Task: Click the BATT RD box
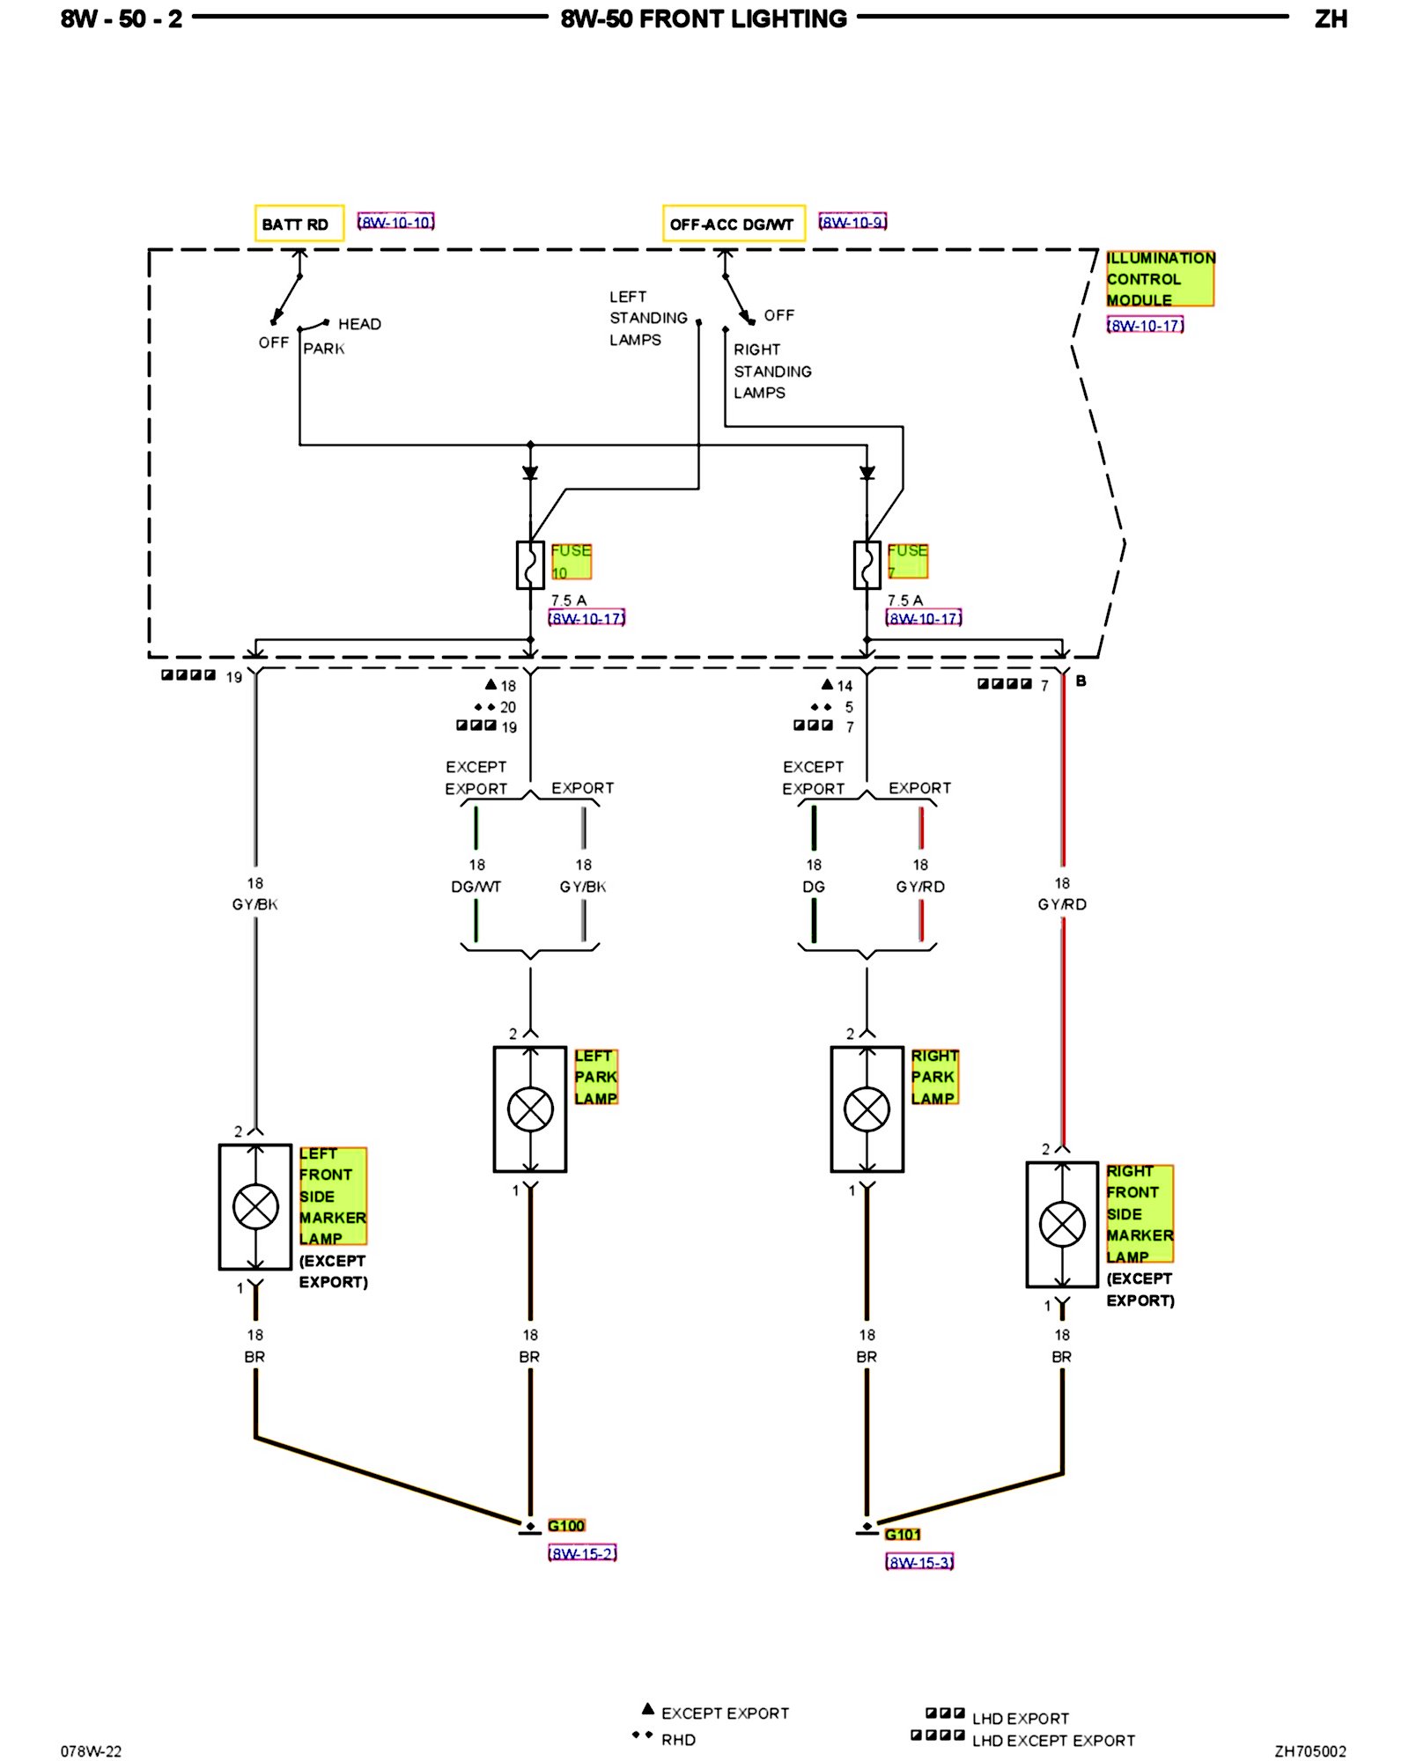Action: coord(299,224)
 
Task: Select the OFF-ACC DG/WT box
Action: coord(733,224)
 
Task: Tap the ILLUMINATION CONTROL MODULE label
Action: coord(1160,278)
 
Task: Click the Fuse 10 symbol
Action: coord(530,564)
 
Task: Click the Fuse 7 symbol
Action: coord(867,564)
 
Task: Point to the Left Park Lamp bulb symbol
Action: coord(530,1109)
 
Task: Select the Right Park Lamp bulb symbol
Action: coord(867,1109)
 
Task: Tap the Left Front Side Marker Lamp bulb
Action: coord(255,1206)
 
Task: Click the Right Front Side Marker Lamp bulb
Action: coord(1063,1224)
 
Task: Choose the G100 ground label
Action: coord(566,1526)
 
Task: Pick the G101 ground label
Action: coord(903,1535)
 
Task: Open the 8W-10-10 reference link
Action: coord(396,222)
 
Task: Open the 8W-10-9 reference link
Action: coord(852,222)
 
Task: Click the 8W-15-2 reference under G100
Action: coord(582,1553)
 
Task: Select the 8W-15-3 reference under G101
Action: coord(919,1562)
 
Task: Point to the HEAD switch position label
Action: coord(359,324)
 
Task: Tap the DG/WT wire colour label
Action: coord(476,887)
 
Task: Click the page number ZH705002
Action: coord(1309,1751)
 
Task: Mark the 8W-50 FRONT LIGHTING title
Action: coord(704,18)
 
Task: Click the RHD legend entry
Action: coord(678,1740)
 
